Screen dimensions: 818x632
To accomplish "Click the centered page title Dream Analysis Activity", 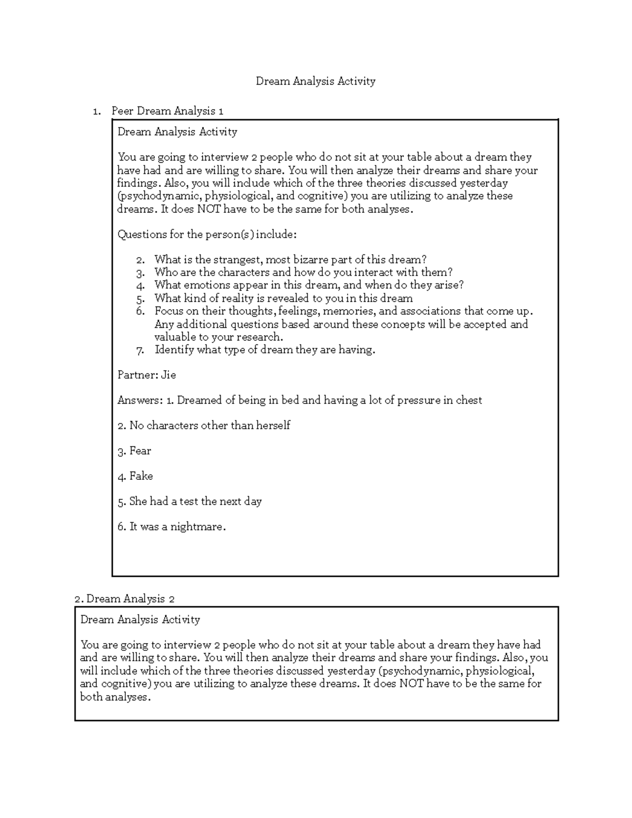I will pos(315,81).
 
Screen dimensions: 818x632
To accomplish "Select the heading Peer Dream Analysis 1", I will pos(167,111).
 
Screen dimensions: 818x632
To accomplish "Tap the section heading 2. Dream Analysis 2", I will pos(125,599).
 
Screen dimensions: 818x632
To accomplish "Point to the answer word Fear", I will pos(140,451).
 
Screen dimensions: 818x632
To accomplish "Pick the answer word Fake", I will pos(141,476).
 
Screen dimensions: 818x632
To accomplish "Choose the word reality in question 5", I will pos(236,298).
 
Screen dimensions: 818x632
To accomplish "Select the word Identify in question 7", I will pos(174,350).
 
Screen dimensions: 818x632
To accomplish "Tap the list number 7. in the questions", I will pos(140,350).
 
